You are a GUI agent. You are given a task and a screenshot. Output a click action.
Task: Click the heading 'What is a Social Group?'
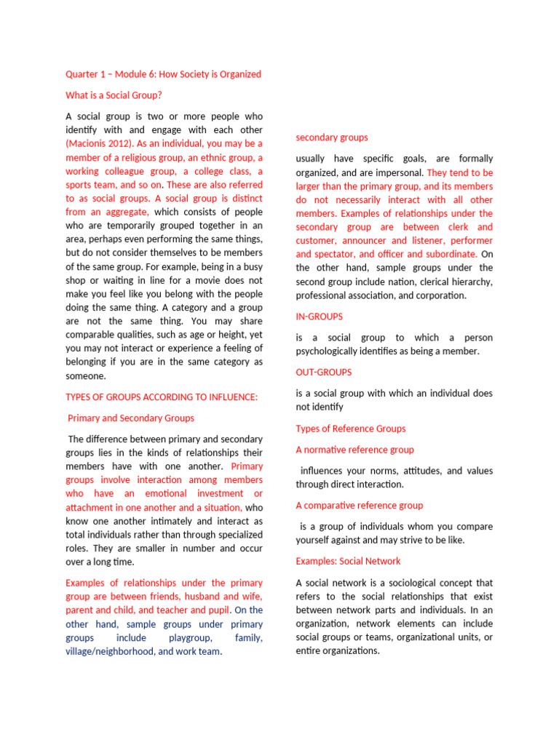pyautogui.click(x=114, y=95)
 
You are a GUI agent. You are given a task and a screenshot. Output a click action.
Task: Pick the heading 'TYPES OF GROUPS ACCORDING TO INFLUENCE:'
pyautogui.click(x=162, y=397)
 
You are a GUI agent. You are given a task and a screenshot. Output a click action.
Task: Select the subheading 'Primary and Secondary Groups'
pyautogui.click(x=131, y=418)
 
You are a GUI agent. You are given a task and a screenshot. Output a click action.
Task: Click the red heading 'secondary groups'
pyautogui.click(x=331, y=138)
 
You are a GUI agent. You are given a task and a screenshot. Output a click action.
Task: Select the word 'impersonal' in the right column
pyautogui.click(x=400, y=172)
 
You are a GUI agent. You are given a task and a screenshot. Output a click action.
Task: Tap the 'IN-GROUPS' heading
pyautogui.click(x=319, y=316)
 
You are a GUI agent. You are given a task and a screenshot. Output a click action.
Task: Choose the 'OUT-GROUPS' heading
pyautogui.click(x=323, y=372)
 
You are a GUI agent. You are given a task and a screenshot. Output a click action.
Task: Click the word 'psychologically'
pyautogui.click(x=330, y=351)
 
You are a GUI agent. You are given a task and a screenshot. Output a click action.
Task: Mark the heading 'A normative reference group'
pyautogui.click(x=354, y=450)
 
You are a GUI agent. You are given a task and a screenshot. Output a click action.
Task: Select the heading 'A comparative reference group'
pyautogui.click(x=359, y=506)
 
